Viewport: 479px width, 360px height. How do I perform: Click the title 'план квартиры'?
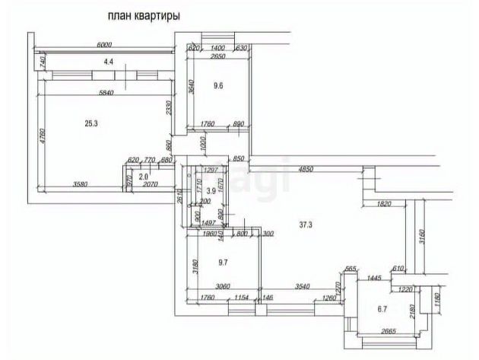[x=144, y=15]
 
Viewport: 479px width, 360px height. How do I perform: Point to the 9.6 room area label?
[x=218, y=86]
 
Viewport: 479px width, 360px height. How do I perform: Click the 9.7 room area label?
[x=223, y=263]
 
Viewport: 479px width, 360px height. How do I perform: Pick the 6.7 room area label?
[x=382, y=309]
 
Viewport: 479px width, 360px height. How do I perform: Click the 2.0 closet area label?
[x=144, y=176]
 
